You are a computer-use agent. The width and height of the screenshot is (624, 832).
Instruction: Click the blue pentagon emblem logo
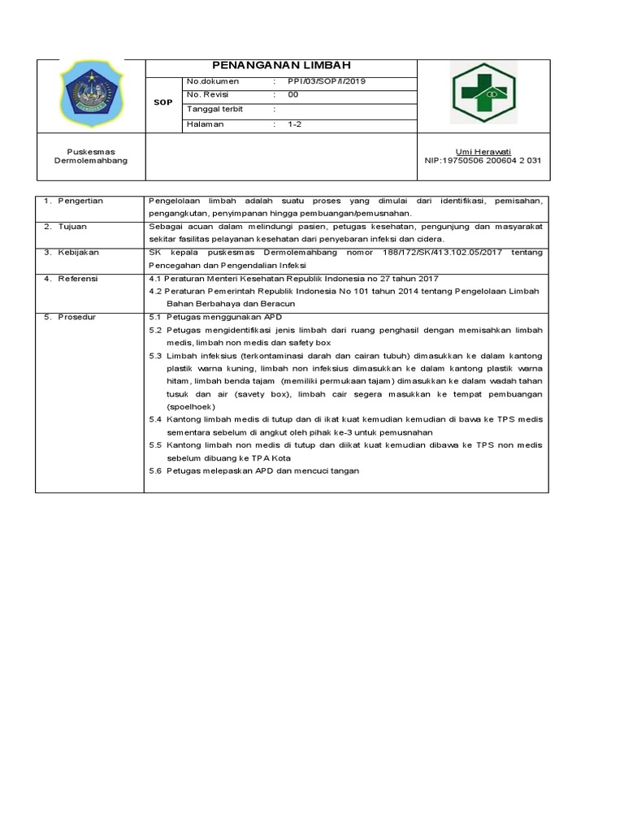(x=90, y=96)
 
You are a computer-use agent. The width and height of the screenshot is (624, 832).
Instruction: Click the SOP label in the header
(x=163, y=103)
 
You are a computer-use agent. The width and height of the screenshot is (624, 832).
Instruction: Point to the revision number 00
(x=293, y=95)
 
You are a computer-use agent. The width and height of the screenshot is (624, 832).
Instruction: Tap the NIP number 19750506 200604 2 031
(x=483, y=161)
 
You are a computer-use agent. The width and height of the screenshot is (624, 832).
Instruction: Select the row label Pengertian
(x=80, y=200)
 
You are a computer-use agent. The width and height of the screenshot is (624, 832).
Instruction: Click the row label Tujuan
(x=71, y=227)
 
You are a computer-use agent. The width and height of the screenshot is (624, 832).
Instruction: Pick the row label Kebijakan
(x=76, y=253)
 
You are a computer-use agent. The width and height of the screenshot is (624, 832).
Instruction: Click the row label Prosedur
(x=76, y=317)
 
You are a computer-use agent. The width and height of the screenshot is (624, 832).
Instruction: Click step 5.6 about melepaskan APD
(x=254, y=471)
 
